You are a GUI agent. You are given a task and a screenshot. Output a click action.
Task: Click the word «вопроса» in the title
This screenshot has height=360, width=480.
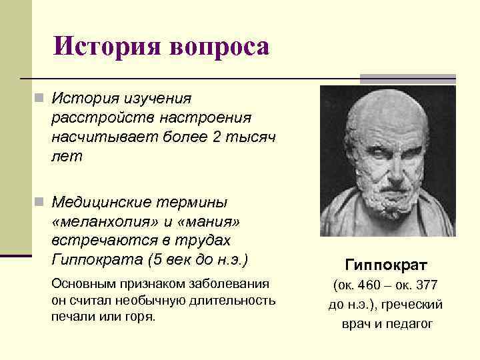tap(220, 47)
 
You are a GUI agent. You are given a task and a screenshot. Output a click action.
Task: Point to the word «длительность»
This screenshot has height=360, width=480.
tap(238, 300)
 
